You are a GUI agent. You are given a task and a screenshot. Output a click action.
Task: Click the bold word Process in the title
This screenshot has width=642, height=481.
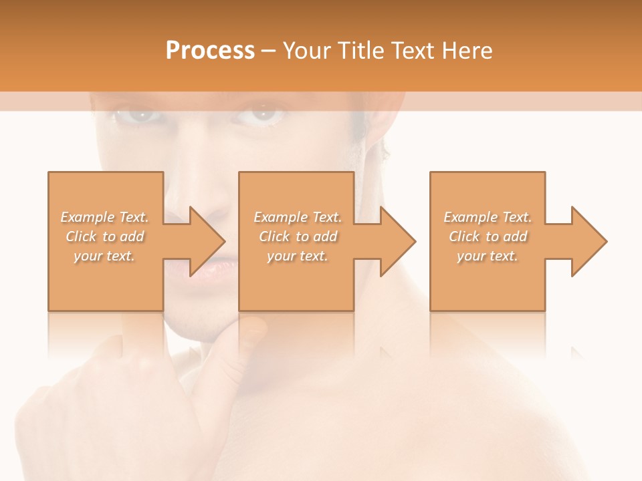210,51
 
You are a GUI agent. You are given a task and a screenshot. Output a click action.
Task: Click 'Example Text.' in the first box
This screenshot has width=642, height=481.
105,217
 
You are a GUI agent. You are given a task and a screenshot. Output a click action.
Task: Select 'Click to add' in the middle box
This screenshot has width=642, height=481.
298,236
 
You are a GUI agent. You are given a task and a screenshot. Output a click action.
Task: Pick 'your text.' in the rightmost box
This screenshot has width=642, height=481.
488,256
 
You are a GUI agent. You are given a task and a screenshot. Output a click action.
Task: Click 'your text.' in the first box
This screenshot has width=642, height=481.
105,256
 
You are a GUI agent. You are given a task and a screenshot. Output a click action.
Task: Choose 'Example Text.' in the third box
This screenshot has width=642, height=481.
488,217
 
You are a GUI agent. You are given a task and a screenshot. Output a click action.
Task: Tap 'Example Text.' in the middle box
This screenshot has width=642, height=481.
298,217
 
